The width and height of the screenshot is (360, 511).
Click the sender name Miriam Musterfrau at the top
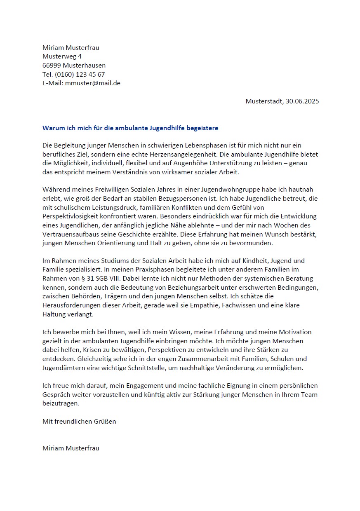coord(71,48)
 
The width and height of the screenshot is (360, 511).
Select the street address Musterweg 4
coord(62,56)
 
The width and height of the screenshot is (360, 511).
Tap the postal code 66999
coord(52,66)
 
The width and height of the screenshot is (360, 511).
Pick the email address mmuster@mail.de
coord(93,83)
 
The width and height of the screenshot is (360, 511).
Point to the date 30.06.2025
coord(302,101)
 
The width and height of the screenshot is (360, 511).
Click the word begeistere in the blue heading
coord(202,128)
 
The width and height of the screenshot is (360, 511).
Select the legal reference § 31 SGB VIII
coord(97,278)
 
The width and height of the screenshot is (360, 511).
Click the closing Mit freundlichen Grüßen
coord(79,422)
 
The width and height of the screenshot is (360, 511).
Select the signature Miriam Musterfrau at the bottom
coord(71,448)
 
